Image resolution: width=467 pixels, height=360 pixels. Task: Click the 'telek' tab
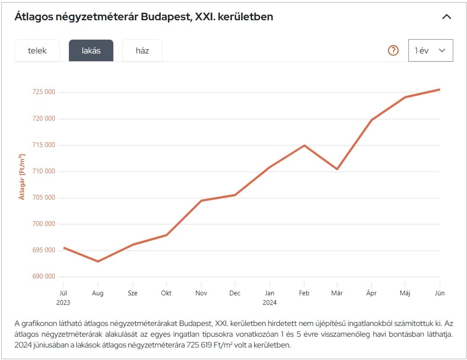(x=37, y=50)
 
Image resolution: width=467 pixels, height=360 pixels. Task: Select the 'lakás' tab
(x=91, y=50)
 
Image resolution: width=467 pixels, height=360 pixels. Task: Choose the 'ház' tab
(x=142, y=50)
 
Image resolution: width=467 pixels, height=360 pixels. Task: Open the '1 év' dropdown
(x=430, y=50)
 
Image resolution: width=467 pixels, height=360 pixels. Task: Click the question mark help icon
(x=393, y=50)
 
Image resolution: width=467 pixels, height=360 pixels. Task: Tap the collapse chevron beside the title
(x=447, y=17)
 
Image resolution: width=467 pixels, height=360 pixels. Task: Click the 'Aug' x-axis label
(x=98, y=293)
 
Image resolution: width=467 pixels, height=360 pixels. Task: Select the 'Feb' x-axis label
(x=304, y=293)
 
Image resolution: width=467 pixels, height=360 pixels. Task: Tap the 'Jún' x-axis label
(x=439, y=293)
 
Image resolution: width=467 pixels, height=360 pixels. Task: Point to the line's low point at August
(x=98, y=261)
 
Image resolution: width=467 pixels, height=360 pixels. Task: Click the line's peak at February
(x=304, y=145)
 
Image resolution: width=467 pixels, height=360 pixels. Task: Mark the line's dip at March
(x=337, y=169)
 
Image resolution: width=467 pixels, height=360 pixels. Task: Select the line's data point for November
(x=201, y=200)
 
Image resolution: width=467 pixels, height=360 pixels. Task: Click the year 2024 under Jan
(x=270, y=303)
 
